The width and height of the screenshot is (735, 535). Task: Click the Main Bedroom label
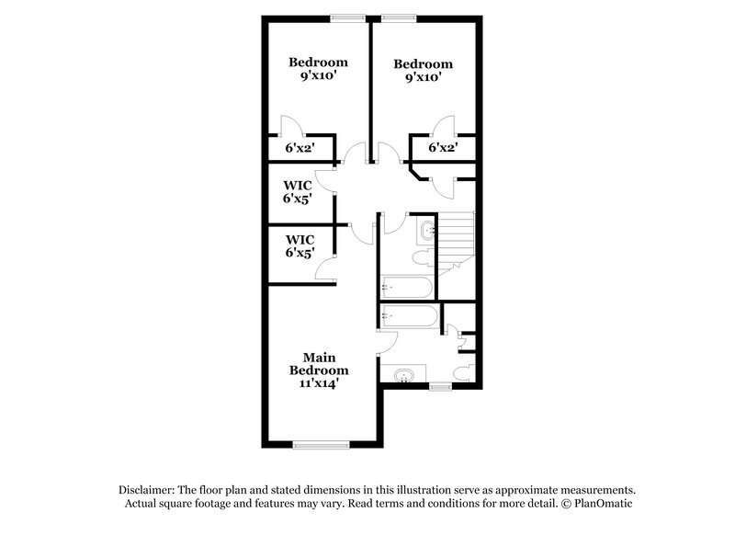[x=319, y=363]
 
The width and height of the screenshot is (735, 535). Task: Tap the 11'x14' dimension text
[x=319, y=384]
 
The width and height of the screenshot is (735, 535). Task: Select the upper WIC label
[x=299, y=185]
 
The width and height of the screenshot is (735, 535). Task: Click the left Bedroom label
[x=318, y=63]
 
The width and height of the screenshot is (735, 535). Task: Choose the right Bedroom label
[x=423, y=64]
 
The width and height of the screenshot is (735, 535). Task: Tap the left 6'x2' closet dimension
[x=300, y=147]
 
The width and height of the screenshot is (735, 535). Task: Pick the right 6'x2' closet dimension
[x=443, y=147]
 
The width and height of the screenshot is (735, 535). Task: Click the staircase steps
[x=456, y=238]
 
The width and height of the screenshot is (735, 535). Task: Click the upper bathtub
[x=405, y=287]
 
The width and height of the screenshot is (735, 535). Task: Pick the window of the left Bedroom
[x=348, y=16]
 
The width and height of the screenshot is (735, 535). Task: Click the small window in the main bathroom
[x=441, y=386]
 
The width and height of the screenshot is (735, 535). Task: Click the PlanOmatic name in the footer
[x=604, y=505]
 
